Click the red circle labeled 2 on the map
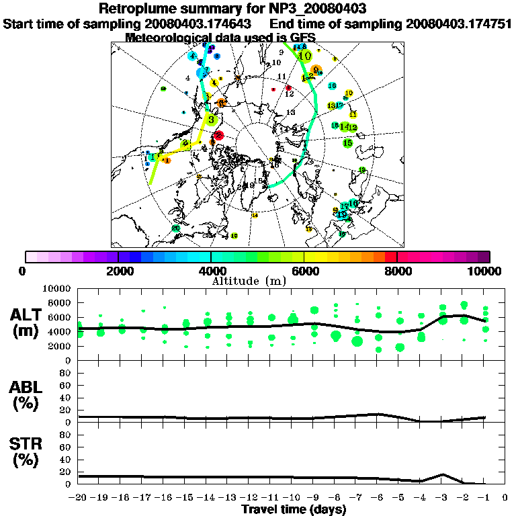pyautogui.click(x=218, y=135)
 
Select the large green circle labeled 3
pyautogui.click(x=211, y=120)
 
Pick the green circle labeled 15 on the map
pyautogui.click(x=347, y=142)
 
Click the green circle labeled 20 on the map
pyautogui.click(x=175, y=228)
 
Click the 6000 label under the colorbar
pyautogui.click(x=304, y=271)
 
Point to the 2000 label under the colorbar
pyautogui.click(x=118, y=271)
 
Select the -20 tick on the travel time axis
pyautogui.click(x=79, y=498)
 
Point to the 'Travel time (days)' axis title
pyautogui.click(x=294, y=509)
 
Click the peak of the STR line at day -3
pyautogui.click(x=441, y=474)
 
